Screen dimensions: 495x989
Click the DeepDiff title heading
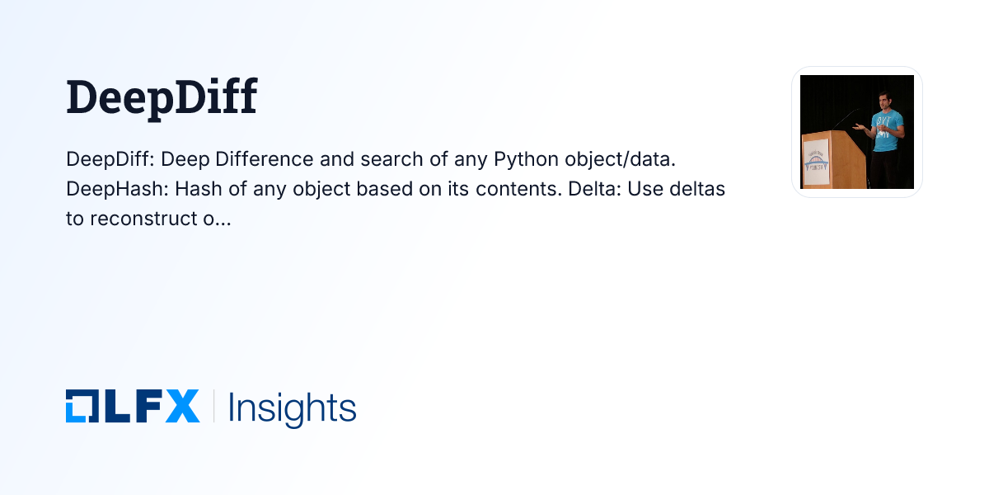click(x=162, y=98)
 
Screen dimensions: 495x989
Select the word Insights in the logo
click(x=292, y=408)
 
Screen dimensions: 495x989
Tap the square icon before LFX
click(x=82, y=407)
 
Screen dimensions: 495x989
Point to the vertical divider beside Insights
click(x=213, y=407)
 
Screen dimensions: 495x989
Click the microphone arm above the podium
click(x=846, y=119)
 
